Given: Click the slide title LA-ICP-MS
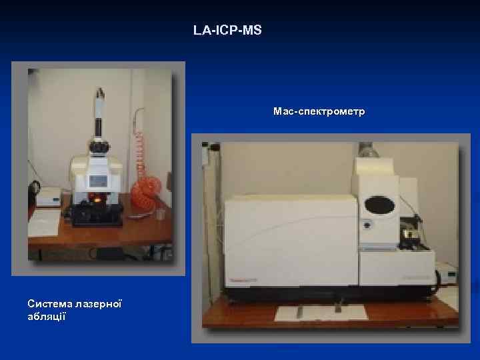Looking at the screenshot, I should tap(227, 31).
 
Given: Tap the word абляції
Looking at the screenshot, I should tap(46, 315).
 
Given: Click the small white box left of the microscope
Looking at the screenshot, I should tap(48, 197).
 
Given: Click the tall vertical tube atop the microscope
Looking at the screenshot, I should tap(101, 110).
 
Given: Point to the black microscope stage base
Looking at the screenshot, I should tap(97, 215).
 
